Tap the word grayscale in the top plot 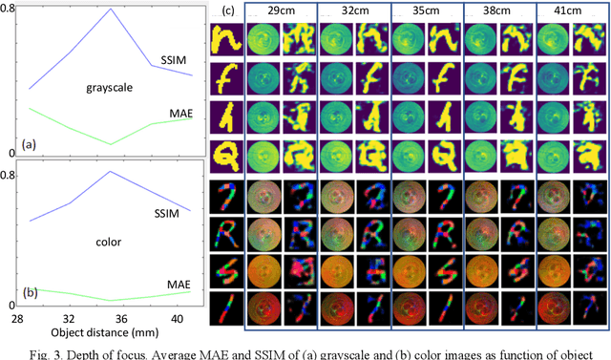(107, 88)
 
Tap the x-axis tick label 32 (71, 317)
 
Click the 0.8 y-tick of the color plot (11, 176)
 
